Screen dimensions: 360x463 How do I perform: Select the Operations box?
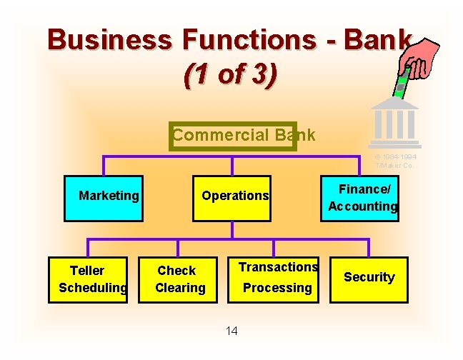tap(234, 197)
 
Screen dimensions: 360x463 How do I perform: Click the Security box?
tap(369, 279)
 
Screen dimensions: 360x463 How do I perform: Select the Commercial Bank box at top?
tap(233, 135)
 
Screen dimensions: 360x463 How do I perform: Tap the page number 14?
tap(231, 330)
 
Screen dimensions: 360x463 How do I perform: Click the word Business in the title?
tap(109, 40)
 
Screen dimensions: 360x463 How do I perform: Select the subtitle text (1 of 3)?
tap(229, 75)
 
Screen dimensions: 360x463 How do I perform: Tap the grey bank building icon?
tap(394, 121)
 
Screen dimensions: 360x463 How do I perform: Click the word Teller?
tap(87, 271)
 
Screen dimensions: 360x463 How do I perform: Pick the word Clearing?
tap(180, 288)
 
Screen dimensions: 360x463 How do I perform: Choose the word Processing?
tap(277, 288)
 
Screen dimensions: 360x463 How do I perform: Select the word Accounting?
tap(362, 206)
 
